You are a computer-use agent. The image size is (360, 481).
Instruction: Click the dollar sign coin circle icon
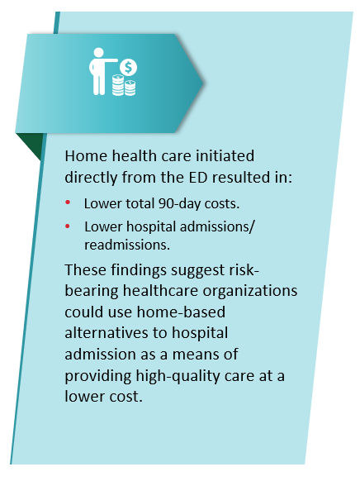pos(128,68)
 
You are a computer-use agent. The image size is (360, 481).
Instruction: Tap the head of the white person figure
pos(98,52)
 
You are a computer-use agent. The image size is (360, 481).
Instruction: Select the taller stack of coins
pos(118,85)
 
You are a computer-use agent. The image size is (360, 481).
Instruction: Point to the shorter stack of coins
pos(130,88)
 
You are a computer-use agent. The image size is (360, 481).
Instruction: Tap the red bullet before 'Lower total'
pos(68,202)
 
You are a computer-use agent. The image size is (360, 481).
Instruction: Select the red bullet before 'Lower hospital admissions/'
pos(68,226)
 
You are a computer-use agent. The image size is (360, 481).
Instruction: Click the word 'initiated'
pos(225,155)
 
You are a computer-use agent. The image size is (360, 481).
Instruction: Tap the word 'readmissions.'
pos(127,245)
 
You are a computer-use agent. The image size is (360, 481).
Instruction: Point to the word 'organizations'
pos(250,292)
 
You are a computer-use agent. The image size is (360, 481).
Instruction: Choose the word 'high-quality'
pos(178,376)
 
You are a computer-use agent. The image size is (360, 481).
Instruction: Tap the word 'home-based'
pos(181,312)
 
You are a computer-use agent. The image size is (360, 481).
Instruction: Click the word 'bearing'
pos(92,292)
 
